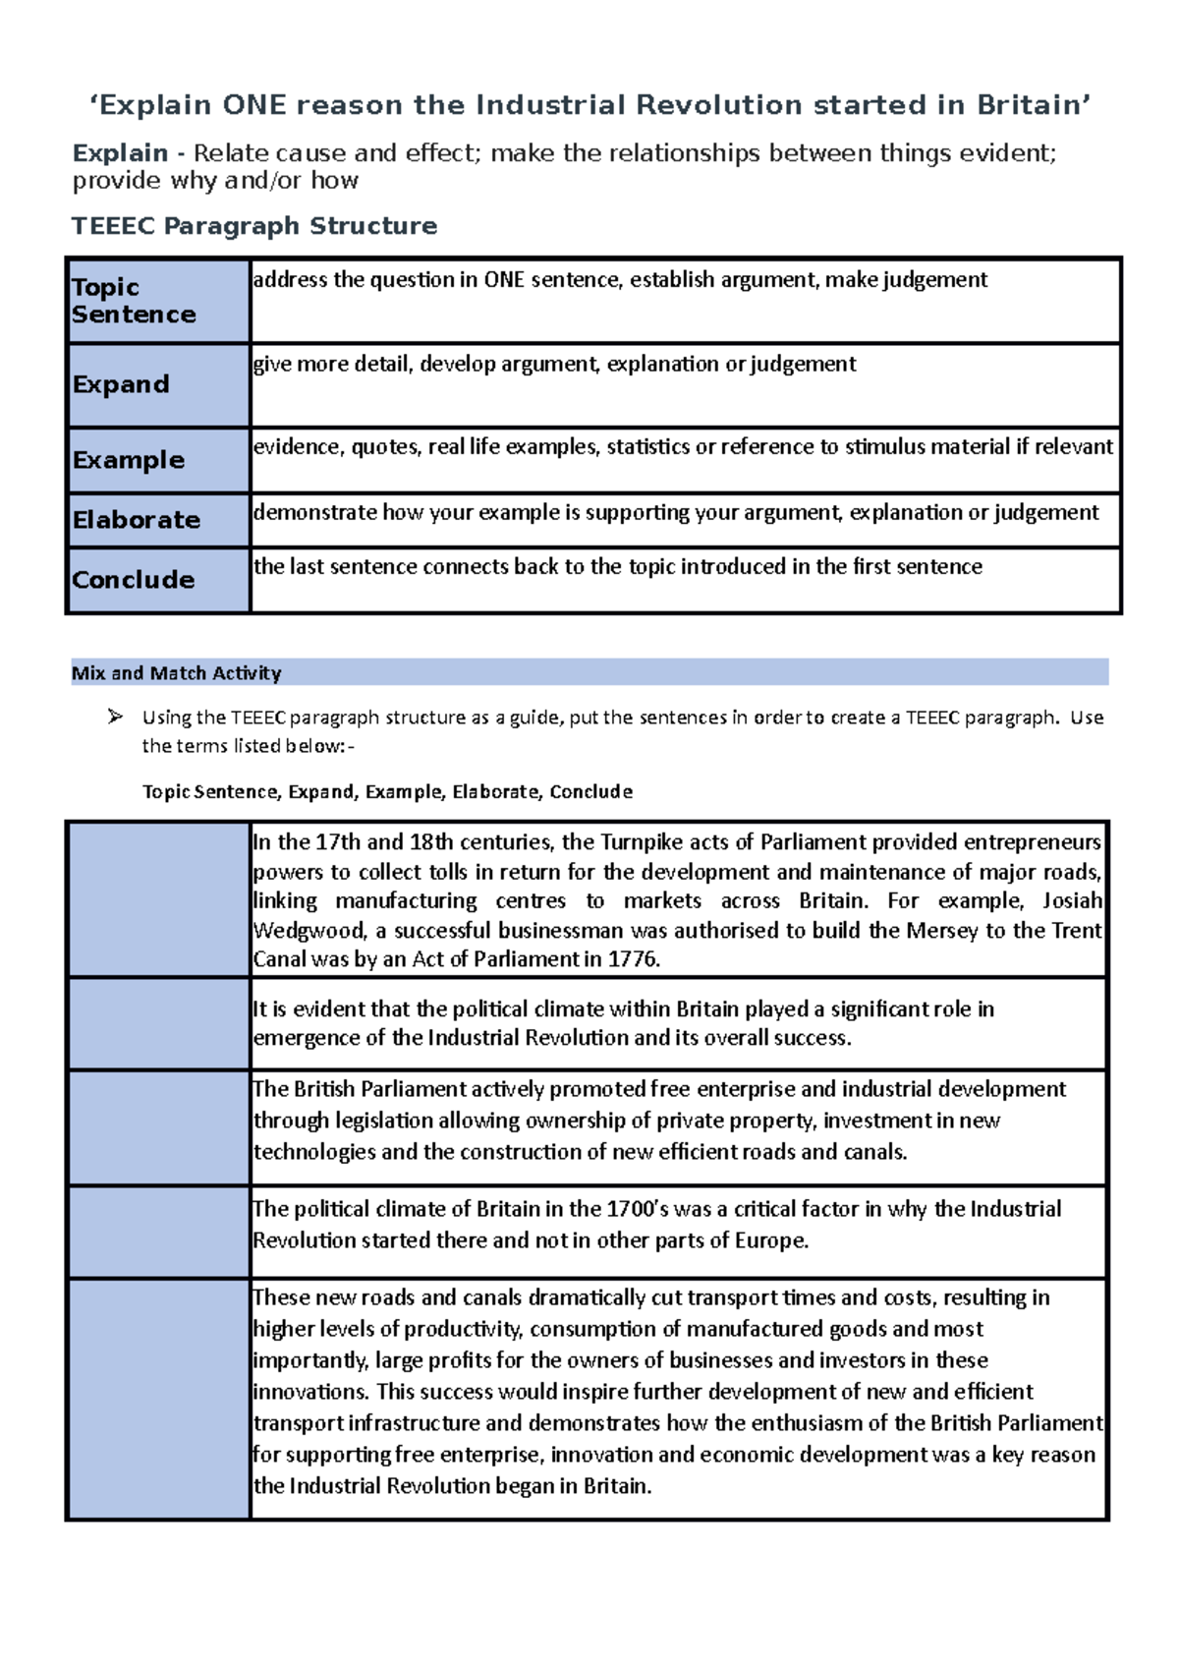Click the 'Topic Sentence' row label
pos(134,301)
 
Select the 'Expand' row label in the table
pos(121,384)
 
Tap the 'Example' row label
pos(129,460)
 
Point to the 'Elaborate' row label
pos(137,520)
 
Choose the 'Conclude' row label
pos(134,580)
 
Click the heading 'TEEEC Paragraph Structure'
pos(254,226)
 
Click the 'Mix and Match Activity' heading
pos(177,673)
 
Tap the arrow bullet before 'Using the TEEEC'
pos(115,717)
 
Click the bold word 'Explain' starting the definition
pos(120,153)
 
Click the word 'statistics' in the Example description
pos(647,447)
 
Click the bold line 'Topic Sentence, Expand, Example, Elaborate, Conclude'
pos(387,792)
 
